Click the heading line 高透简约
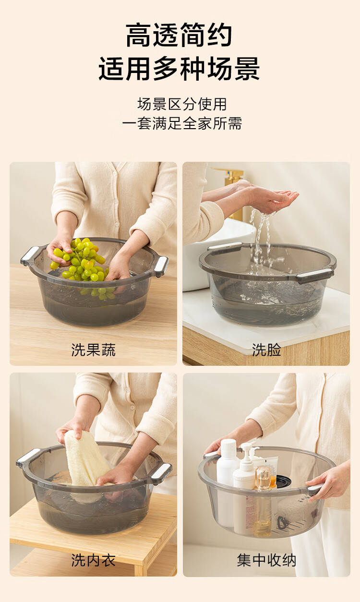point(179,35)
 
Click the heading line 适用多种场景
point(179,69)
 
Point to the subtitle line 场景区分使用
point(182,104)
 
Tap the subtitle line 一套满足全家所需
point(182,123)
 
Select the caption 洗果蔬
point(93,350)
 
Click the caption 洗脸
point(266,350)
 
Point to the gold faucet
point(231,188)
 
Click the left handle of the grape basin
point(30,255)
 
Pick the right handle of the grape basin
point(161,265)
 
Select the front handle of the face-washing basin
point(315,275)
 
